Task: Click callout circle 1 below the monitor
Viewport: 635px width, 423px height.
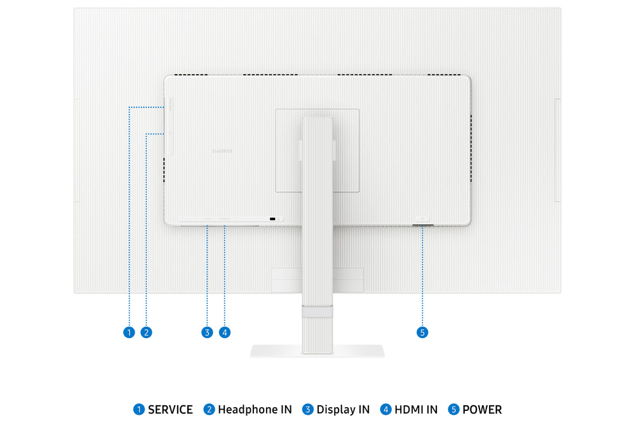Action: click(x=129, y=332)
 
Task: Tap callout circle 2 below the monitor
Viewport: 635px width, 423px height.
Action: click(x=146, y=332)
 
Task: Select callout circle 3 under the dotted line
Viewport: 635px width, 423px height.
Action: click(x=206, y=332)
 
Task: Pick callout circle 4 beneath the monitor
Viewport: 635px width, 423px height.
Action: click(x=224, y=332)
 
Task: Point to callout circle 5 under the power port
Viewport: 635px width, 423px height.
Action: click(x=423, y=332)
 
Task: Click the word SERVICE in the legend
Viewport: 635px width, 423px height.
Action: click(x=170, y=410)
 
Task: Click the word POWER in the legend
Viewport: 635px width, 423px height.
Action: click(x=482, y=410)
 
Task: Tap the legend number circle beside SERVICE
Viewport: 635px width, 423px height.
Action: click(x=138, y=410)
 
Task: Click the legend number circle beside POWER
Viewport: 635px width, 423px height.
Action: click(x=453, y=410)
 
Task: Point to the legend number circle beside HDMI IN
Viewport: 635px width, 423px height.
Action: click(x=385, y=410)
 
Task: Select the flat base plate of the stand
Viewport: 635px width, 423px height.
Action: click(x=317, y=351)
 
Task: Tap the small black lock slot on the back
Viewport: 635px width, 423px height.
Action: click(x=273, y=219)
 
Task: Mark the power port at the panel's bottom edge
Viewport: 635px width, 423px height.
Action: click(x=423, y=225)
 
